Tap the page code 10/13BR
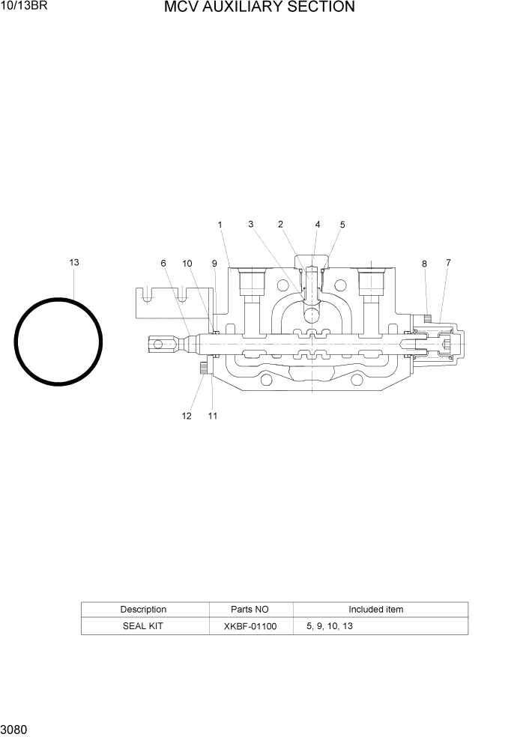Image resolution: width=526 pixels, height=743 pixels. pos(23,7)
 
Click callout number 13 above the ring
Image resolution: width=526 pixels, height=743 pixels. pos(74,262)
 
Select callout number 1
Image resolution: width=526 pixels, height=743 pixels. pos(220,224)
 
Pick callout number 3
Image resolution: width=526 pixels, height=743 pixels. pos(251,224)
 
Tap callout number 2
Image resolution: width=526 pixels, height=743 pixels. pos(280,224)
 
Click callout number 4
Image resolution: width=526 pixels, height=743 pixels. pos(318,224)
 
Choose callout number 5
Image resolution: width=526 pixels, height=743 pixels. pos(342,224)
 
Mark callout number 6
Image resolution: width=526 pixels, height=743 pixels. pos(163,263)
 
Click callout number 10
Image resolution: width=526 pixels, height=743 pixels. pos(187,263)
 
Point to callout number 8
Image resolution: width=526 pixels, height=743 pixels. pos(424,264)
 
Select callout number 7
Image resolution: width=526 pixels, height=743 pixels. pos(448,262)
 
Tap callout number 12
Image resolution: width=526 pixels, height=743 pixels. pos(187,416)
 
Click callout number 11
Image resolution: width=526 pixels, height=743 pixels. pos(213,416)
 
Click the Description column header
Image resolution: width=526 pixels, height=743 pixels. pos(143,610)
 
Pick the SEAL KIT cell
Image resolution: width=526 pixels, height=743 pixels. pos(143,626)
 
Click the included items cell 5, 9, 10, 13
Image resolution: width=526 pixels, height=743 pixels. pos(330,626)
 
